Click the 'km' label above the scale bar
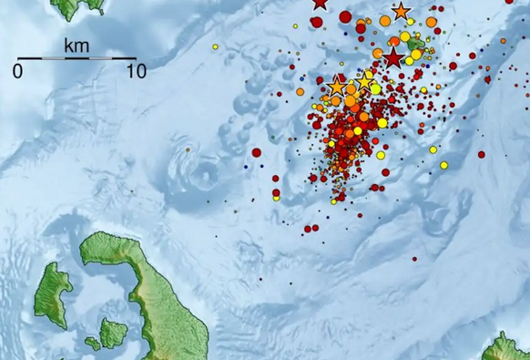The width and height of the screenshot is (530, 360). pyautogui.click(x=76, y=45)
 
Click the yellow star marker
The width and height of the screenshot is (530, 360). pyautogui.click(x=364, y=82)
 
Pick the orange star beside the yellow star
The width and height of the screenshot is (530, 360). pyautogui.click(x=337, y=87)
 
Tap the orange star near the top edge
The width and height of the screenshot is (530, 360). pyautogui.click(x=401, y=12)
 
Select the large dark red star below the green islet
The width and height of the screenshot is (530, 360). pyautogui.click(x=392, y=59)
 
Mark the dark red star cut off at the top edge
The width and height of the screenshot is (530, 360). pyautogui.click(x=319, y=3)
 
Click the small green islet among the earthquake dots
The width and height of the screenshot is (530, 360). pyautogui.click(x=416, y=42)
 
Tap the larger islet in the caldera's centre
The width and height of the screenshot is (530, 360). pyautogui.click(x=114, y=332)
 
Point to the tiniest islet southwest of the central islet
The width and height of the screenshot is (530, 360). pyautogui.click(x=93, y=344)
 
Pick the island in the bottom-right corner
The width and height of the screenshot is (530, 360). pyautogui.click(x=506, y=348)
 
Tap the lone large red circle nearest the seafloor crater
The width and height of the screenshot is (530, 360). pyautogui.click(x=256, y=152)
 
